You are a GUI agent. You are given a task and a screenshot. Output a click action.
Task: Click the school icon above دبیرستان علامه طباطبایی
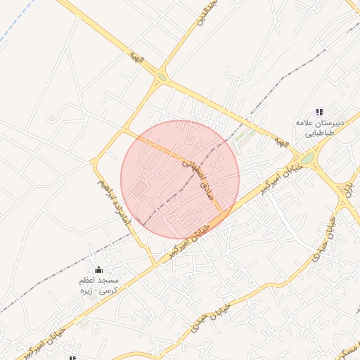tap(320, 112)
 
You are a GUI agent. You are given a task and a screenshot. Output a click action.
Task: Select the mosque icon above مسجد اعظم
tap(98, 269)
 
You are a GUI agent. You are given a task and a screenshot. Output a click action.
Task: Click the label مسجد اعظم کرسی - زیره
tap(98, 285)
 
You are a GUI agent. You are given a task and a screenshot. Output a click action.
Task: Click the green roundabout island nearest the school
tap(308, 158)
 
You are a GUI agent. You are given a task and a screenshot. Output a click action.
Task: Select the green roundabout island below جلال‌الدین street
tap(162, 77)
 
